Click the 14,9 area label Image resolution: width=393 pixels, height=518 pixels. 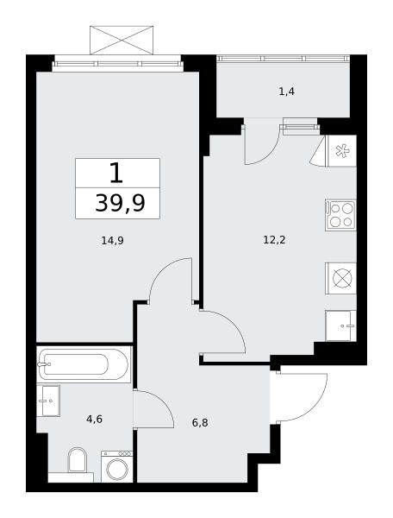[x=112, y=241]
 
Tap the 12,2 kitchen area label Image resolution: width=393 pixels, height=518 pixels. [x=274, y=240]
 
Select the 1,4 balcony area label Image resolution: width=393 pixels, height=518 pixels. [x=286, y=92]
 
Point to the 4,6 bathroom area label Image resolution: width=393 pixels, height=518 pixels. [x=95, y=420]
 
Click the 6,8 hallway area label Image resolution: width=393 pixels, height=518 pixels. [x=200, y=422]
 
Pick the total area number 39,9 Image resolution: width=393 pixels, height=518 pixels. [x=120, y=203]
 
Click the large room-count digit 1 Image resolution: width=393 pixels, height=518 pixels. [x=116, y=173]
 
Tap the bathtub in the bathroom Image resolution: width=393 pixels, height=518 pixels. [x=84, y=364]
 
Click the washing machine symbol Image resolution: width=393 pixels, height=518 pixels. [x=116, y=467]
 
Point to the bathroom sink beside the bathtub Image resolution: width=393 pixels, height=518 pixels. [x=48, y=401]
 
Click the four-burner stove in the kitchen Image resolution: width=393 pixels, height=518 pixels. [x=340, y=215]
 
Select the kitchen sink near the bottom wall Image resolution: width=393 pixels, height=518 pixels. [x=341, y=325]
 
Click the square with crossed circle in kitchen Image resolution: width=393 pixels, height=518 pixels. [x=340, y=278]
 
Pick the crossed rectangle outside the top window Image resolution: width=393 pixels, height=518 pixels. [x=122, y=40]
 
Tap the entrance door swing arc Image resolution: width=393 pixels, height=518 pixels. [x=317, y=405]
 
